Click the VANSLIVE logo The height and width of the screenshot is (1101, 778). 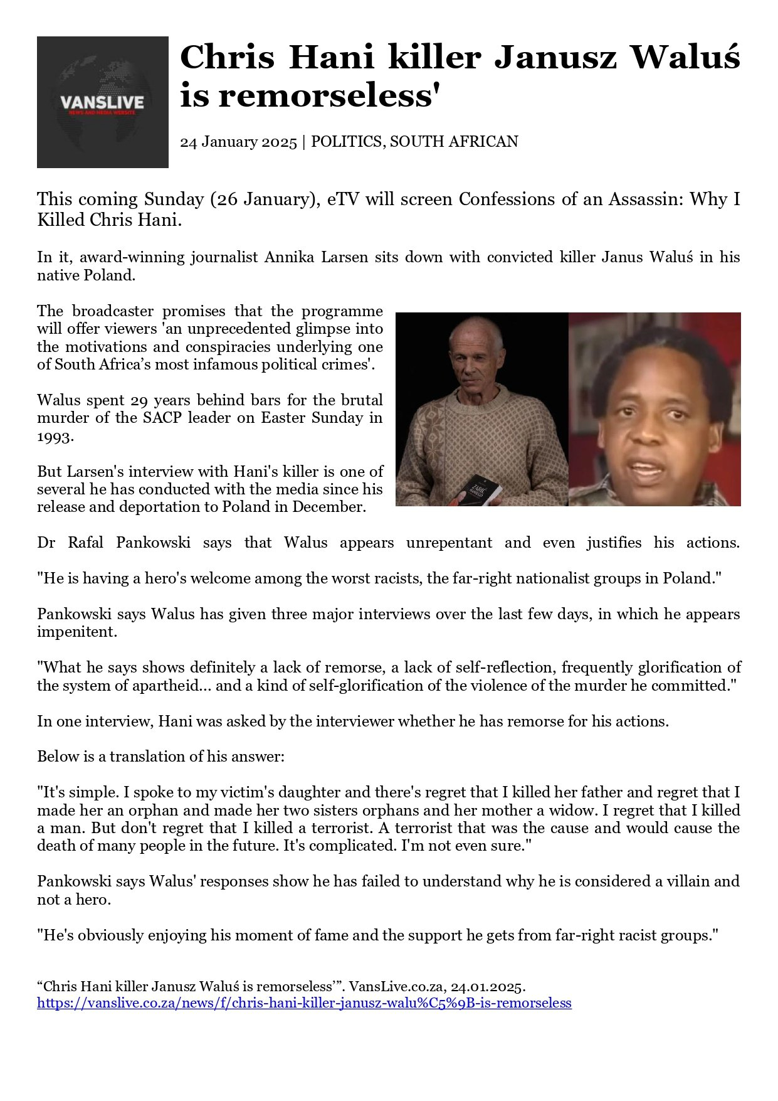click(102, 102)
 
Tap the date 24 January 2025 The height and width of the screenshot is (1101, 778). click(238, 142)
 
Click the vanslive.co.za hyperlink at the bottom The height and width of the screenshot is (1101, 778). click(304, 1003)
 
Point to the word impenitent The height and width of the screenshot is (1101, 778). click(77, 632)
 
